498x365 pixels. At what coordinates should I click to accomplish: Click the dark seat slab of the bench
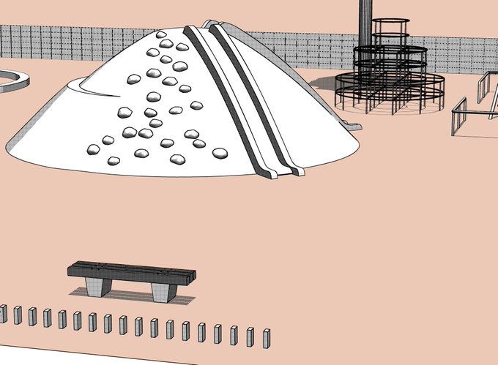pyautogui.click(x=132, y=271)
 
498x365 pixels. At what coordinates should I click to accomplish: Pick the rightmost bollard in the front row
pyautogui.click(x=266, y=337)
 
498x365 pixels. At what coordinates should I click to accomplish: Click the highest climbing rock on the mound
pyautogui.click(x=159, y=34)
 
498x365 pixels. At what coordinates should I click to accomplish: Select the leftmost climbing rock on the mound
pyautogui.click(x=93, y=149)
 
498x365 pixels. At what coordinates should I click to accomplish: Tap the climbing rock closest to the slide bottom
pyautogui.click(x=220, y=153)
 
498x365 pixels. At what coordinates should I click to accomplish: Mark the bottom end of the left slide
pyautogui.click(x=269, y=174)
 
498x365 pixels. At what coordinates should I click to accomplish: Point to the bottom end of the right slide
pyautogui.click(x=297, y=171)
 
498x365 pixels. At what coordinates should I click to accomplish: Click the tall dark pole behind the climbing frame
pyautogui.click(x=365, y=22)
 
